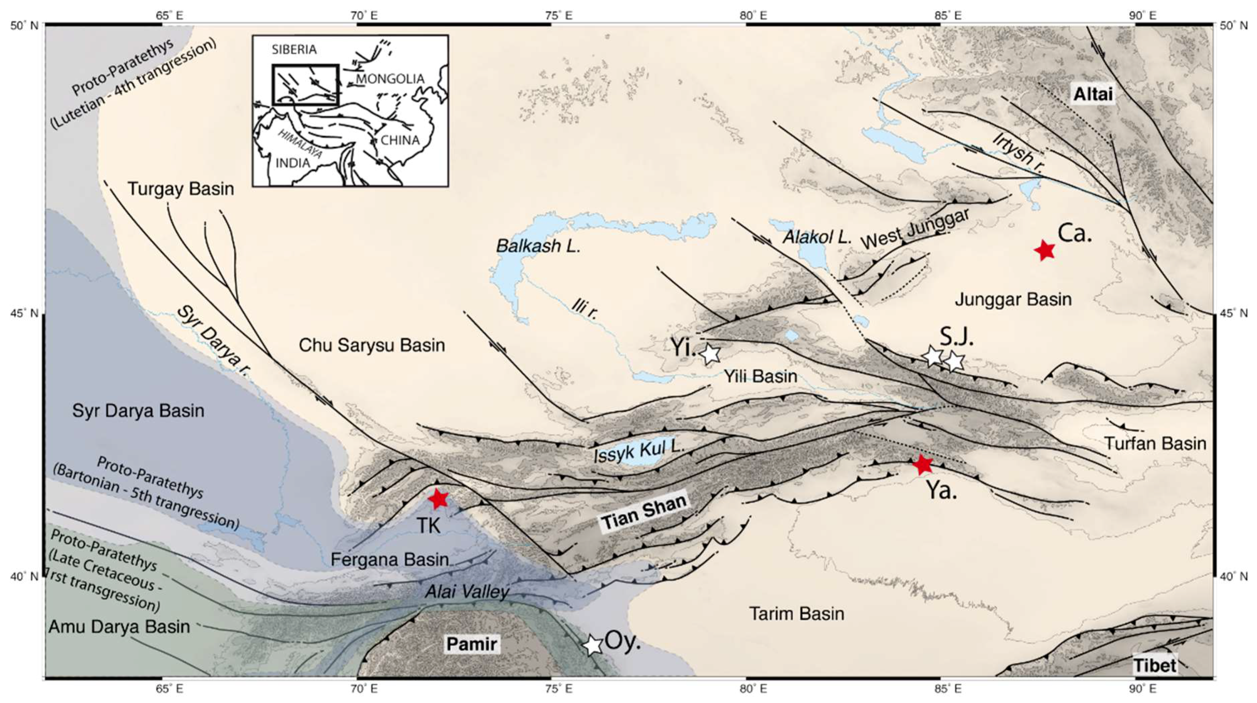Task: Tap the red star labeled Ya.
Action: click(x=922, y=464)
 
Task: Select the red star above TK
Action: click(x=438, y=498)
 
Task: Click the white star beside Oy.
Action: click(x=593, y=645)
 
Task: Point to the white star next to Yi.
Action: click(x=711, y=353)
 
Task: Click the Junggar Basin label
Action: click(x=1013, y=299)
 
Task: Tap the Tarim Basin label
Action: click(x=796, y=613)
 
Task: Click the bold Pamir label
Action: click(x=471, y=644)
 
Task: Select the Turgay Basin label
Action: click(x=181, y=189)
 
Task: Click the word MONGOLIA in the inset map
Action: click(x=390, y=79)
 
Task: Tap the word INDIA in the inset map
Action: click(x=293, y=162)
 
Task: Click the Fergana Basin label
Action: click(x=389, y=560)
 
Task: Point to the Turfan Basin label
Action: click(x=1155, y=443)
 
